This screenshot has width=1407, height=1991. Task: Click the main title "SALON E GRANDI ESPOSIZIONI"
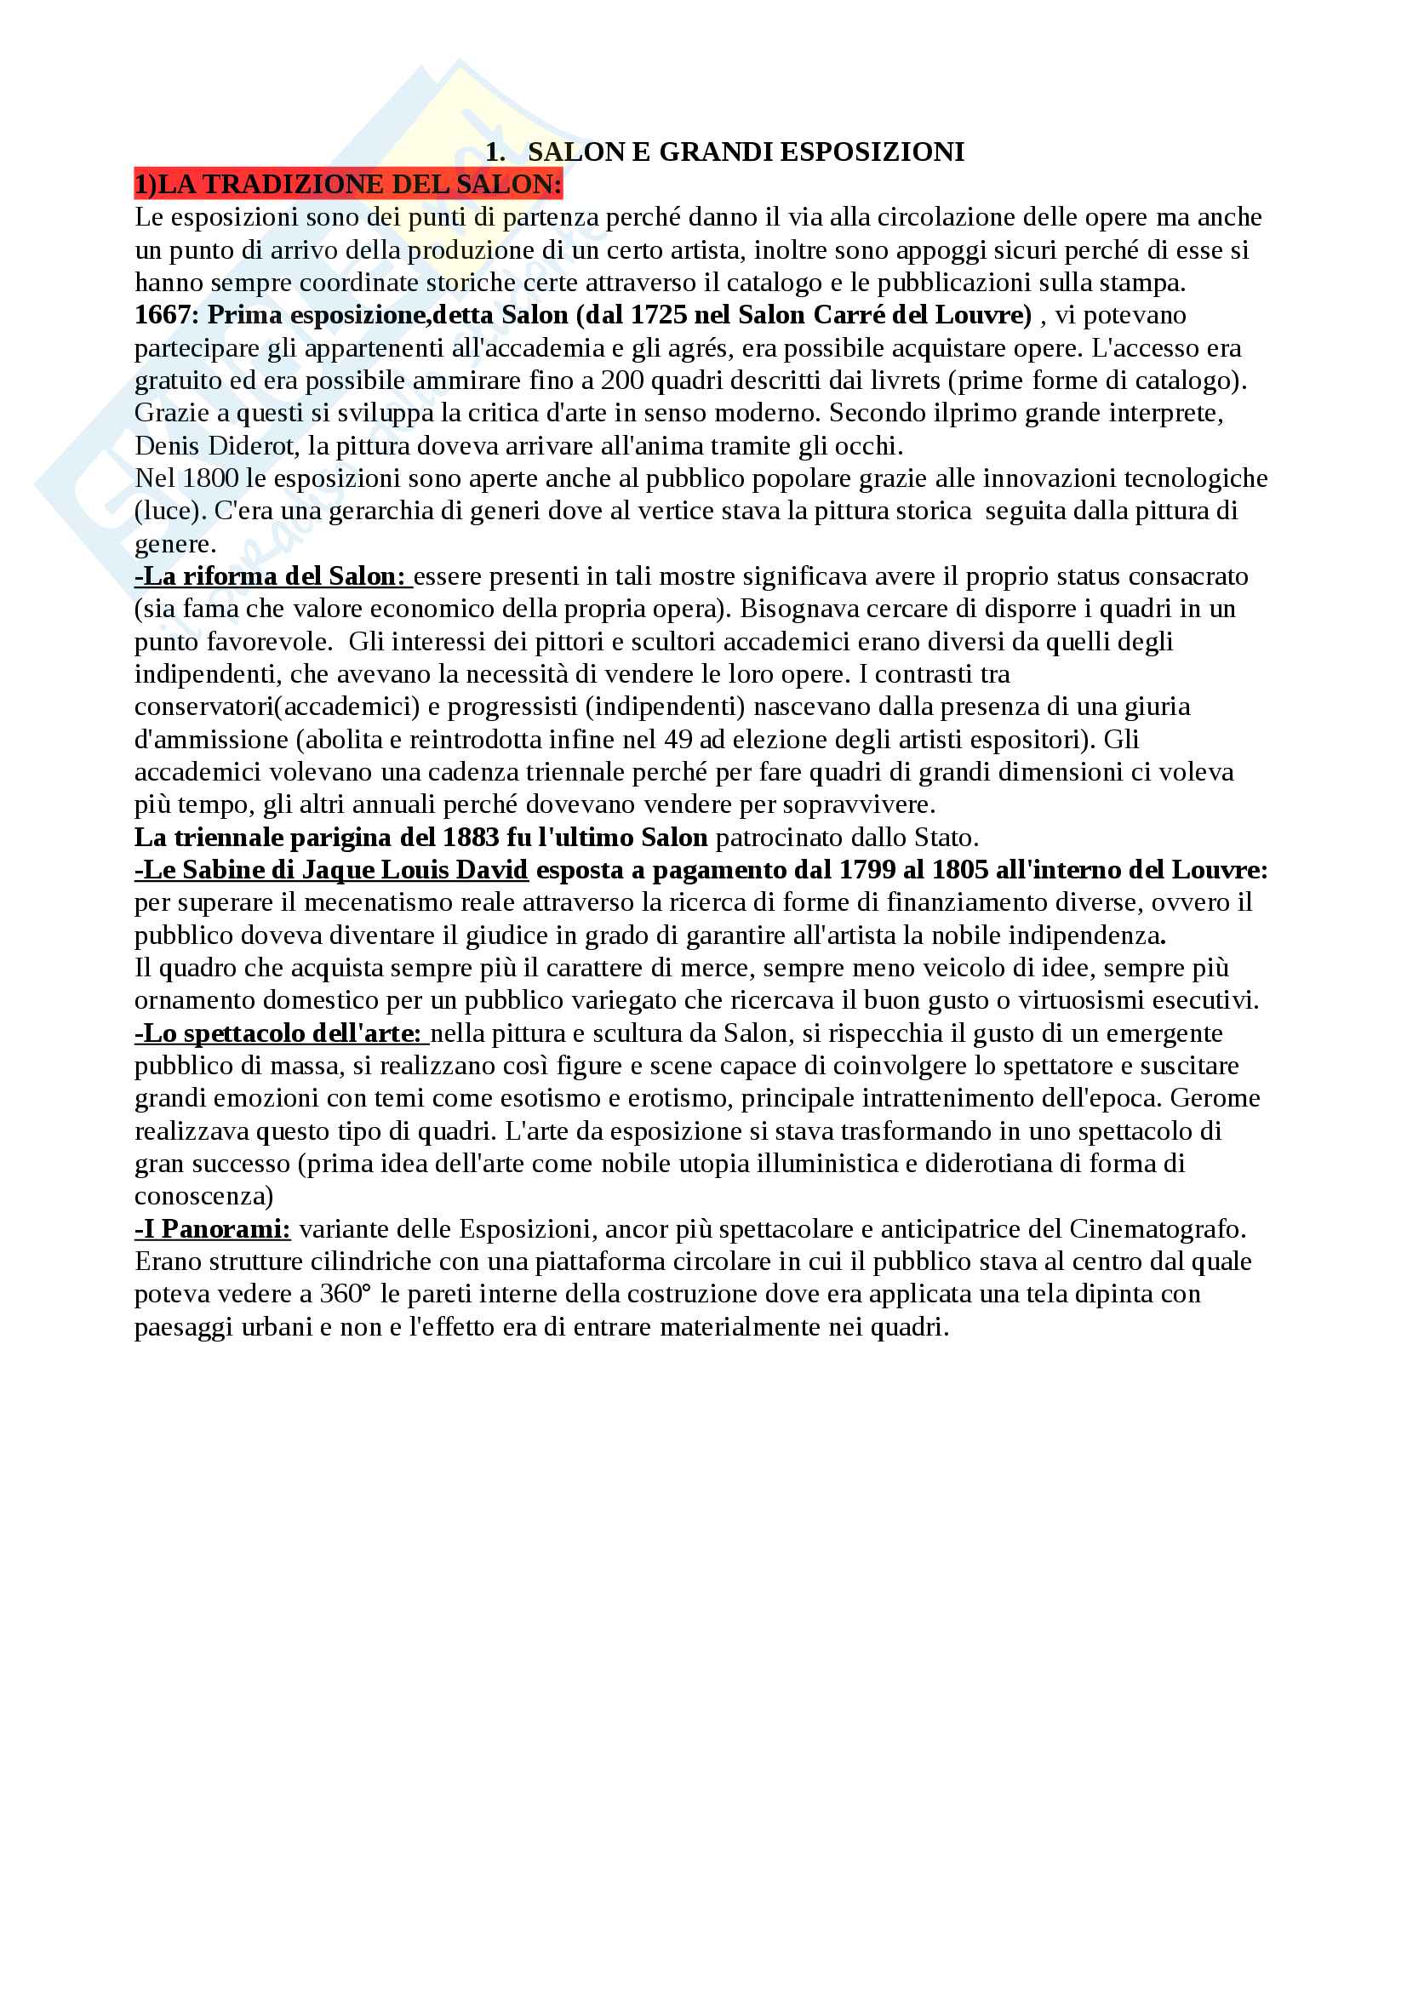point(745,152)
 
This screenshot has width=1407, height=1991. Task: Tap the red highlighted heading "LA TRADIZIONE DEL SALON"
point(355,185)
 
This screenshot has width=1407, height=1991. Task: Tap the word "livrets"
point(977,380)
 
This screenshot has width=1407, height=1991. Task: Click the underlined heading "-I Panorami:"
point(214,1230)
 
